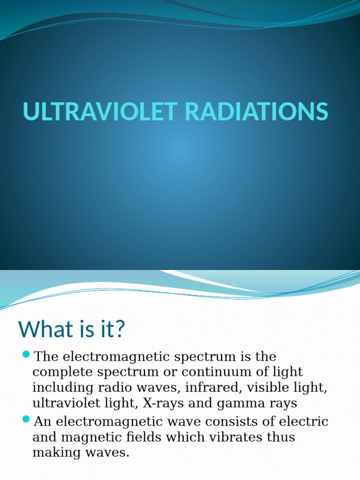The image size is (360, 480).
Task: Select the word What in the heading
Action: point(45,329)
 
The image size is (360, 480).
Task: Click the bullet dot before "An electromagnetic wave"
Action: point(26,419)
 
